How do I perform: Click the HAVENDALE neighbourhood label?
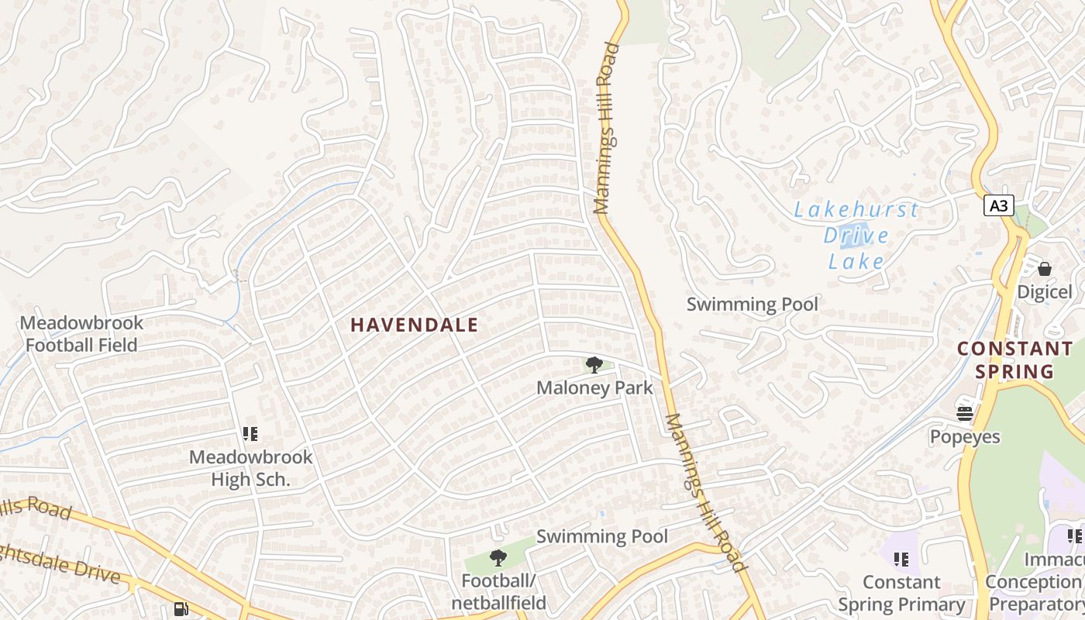(415, 325)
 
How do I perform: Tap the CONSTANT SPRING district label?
(1014, 360)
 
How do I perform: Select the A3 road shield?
(999, 205)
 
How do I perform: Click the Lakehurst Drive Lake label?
(856, 236)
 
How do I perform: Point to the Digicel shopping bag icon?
(1045, 269)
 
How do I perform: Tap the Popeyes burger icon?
(965, 413)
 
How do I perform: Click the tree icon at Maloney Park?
(594, 364)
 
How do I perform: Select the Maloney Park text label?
(594, 387)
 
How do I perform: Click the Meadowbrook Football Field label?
(81, 334)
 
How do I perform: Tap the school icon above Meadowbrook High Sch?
(250, 434)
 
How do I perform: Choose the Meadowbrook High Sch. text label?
(250, 468)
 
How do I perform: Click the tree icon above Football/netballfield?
(498, 557)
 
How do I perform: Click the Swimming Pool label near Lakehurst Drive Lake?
(752, 305)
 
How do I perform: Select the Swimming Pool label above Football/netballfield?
(601, 536)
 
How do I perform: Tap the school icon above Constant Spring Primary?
(901, 558)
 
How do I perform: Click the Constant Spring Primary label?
(901, 593)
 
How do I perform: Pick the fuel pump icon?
(181, 610)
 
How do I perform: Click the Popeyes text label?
(965, 437)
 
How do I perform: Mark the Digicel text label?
(1045, 292)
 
